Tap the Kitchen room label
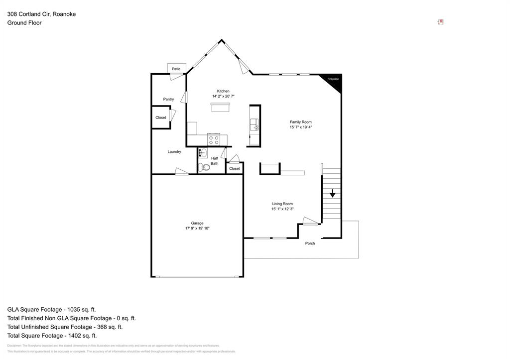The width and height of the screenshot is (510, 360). tap(223, 91)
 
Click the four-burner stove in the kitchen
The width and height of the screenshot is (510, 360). tap(214, 140)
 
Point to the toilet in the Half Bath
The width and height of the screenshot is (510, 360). tap(204, 167)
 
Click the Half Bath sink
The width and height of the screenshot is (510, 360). tap(203, 153)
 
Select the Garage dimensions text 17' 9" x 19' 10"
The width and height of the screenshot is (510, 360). tap(197, 229)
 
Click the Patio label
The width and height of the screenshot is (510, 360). tap(176, 69)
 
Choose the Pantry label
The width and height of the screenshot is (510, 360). tap(168, 99)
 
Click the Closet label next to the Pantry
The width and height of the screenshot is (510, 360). tap(161, 118)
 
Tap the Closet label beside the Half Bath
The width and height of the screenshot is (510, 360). tap(235, 168)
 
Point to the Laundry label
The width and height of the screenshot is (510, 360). tap(174, 152)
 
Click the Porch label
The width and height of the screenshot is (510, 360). tap(310, 243)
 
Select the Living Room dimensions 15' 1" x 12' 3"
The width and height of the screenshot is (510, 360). tap(282, 209)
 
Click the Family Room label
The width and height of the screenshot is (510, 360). tap(301, 122)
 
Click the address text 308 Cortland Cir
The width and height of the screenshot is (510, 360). tap(28, 14)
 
